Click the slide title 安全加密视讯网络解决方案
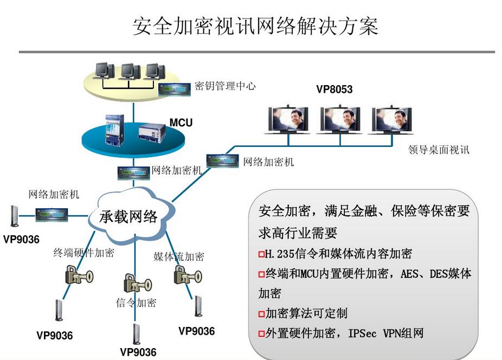[255, 26]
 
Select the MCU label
[181, 123]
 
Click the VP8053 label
[334, 89]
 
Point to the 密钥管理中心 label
[225, 86]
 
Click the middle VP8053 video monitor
[340, 119]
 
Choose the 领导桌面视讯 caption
[439, 150]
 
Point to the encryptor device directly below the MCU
[133, 172]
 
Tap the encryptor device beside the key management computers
[175, 89]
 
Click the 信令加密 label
[136, 303]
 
